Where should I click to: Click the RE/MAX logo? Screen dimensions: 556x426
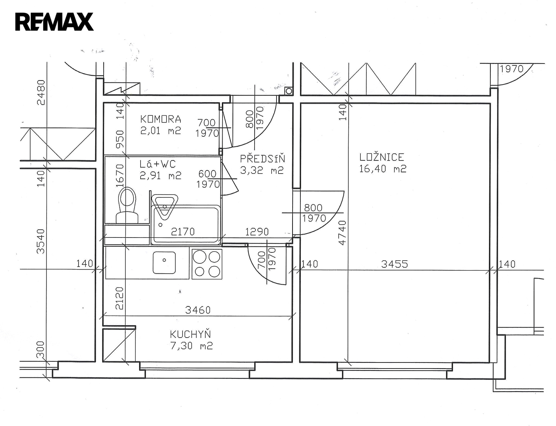(x=54, y=22)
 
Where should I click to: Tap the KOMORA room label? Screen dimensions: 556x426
(x=161, y=119)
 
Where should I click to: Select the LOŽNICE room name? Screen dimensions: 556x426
(x=382, y=157)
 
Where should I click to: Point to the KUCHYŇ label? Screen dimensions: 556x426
(x=190, y=334)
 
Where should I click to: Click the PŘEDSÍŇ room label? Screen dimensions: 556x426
(x=262, y=159)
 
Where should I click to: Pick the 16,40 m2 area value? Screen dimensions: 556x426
(x=382, y=169)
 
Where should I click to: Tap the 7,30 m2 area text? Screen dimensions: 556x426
(x=191, y=346)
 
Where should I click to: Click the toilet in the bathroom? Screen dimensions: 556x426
(x=127, y=205)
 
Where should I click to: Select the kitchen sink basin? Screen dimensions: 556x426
(x=164, y=262)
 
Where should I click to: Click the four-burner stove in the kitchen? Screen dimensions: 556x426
(x=207, y=264)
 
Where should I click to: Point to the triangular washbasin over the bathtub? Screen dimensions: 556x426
(x=164, y=207)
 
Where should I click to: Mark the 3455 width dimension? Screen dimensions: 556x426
(x=394, y=264)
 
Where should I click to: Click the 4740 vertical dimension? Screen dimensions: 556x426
(x=342, y=233)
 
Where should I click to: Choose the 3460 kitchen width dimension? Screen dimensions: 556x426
(x=198, y=310)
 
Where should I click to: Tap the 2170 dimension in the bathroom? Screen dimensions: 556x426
(x=183, y=232)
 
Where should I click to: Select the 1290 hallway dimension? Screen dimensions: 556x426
(x=257, y=232)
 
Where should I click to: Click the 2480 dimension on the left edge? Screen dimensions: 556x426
(x=41, y=93)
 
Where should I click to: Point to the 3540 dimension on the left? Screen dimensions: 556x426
(x=41, y=241)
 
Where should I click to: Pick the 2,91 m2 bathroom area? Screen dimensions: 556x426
(x=160, y=175)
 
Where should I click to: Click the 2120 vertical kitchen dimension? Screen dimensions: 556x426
(x=120, y=298)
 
